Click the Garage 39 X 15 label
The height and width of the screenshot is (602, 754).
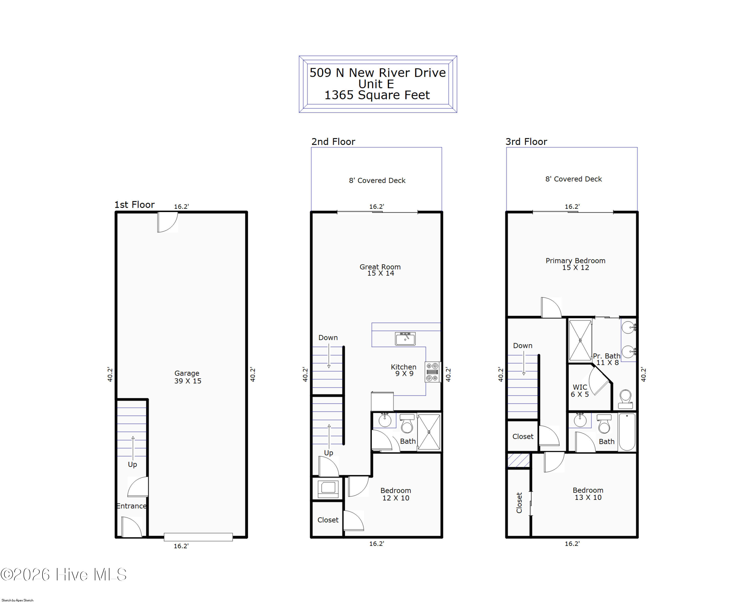tap(188, 377)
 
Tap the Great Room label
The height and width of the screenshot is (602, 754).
tap(380, 270)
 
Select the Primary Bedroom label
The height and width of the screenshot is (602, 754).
tap(575, 264)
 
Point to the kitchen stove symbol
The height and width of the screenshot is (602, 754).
tap(433, 372)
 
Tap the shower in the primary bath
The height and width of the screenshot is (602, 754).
tap(580, 340)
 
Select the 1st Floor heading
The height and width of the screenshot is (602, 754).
tap(135, 205)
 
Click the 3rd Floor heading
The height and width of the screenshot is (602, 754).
tap(526, 142)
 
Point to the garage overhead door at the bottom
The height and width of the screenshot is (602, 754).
tap(198, 537)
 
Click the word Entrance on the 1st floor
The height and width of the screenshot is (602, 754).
tap(131, 506)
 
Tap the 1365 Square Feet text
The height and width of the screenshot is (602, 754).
tap(377, 95)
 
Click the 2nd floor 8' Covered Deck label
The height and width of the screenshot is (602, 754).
tap(377, 181)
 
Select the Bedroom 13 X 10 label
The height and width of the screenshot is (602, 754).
tap(588, 494)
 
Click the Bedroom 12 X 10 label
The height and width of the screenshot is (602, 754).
tap(396, 494)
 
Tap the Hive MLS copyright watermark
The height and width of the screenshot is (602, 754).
tap(63, 575)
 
